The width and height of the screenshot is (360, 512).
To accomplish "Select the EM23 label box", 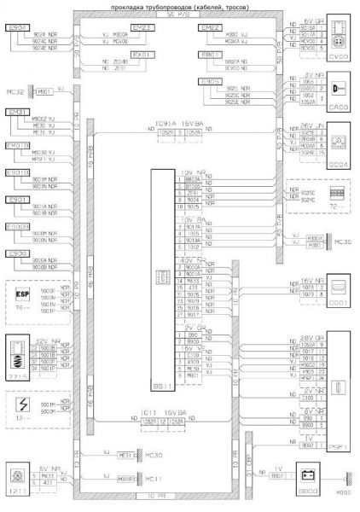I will (x=143, y=28).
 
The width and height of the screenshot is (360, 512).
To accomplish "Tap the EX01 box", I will (x=144, y=54).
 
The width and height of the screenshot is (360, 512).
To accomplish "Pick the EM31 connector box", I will (x=18, y=112).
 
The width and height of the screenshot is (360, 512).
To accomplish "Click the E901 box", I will (x=18, y=200).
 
